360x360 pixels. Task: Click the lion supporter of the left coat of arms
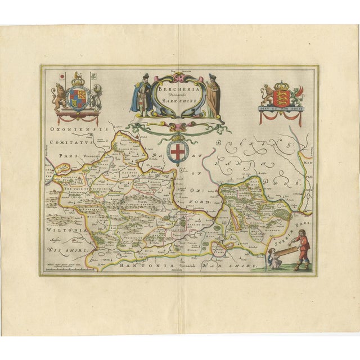pos(59,97)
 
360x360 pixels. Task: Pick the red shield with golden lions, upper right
pos(280,93)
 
